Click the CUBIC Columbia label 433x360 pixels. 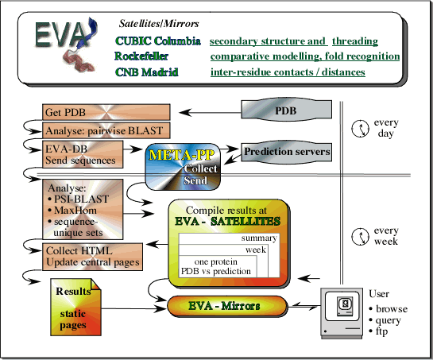[x=157, y=41]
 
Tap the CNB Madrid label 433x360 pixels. [x=146, y=72]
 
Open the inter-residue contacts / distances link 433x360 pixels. [x=288, y=72]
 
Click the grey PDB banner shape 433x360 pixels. [x=284, y=111]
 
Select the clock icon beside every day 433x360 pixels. [x=360, y=126]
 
